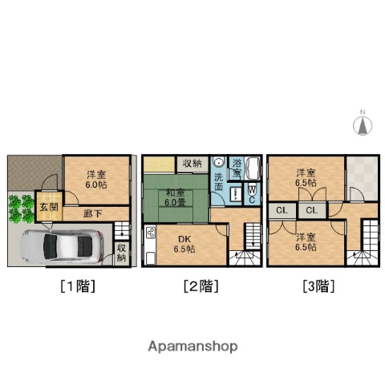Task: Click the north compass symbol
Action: click(362, 124)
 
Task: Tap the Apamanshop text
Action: click(192, 346)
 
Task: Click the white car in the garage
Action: click(62, 245)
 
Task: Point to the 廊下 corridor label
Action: click(93, 214)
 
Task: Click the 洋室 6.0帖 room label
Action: click(95, 178)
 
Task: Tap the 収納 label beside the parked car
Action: click(121, 253)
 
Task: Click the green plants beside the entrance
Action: click(18, 210)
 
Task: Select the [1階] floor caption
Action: click(77, 286)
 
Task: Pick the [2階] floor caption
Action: click(201, 286)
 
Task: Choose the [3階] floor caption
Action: click(318, 286)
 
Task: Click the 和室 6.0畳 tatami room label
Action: click(177, 197)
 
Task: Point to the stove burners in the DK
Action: click(150, 234)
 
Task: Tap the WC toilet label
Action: click(251, 194)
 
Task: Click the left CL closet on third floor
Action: click(282, 211)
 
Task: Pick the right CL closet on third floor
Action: click(310, 211)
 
